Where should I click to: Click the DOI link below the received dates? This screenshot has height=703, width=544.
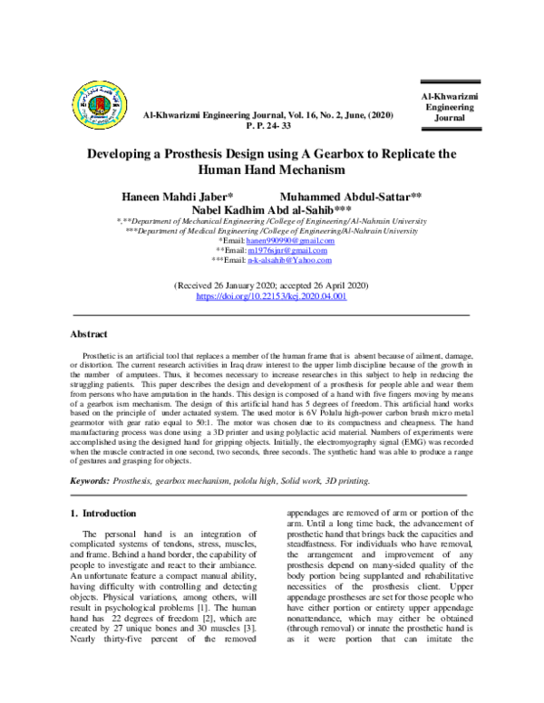pos(271,295)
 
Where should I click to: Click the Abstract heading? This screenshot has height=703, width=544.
pos(89,333)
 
